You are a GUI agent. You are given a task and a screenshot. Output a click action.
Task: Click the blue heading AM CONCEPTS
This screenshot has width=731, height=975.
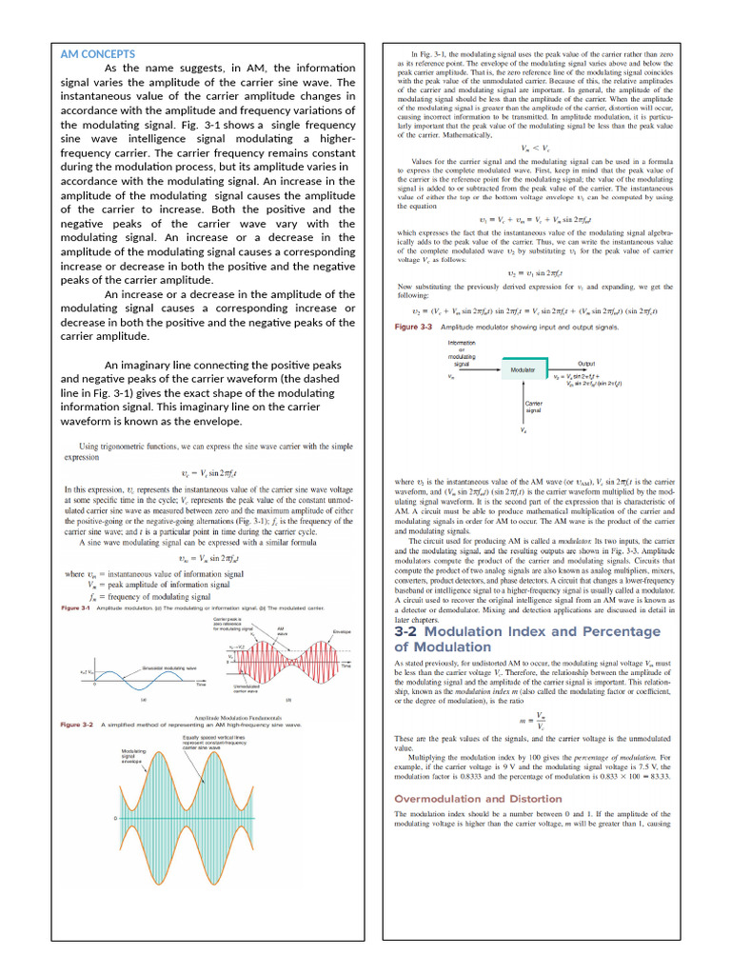pyautogui.click(x=97, y=54)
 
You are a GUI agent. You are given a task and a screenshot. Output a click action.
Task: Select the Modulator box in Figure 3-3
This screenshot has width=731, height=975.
pyautogui.click(x=523, y=368)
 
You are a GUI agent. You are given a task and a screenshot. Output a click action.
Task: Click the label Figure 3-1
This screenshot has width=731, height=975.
pyautogui.click(x=75, y=607)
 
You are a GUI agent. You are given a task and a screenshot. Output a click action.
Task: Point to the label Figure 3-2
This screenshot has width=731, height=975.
pyautogui.click(x=76, y=725)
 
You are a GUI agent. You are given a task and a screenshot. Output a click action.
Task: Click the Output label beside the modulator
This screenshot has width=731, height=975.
pyautogui.click(x=587, y=363)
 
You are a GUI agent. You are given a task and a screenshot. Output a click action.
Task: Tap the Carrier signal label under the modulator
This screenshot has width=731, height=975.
pyautogui.click(x=533, y=408)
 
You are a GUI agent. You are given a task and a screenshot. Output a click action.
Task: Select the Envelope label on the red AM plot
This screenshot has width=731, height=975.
pyautogui.click(x=343, y=632)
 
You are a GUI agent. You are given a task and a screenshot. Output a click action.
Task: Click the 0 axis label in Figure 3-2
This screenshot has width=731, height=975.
pyautogui.click(x=116, y=819)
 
